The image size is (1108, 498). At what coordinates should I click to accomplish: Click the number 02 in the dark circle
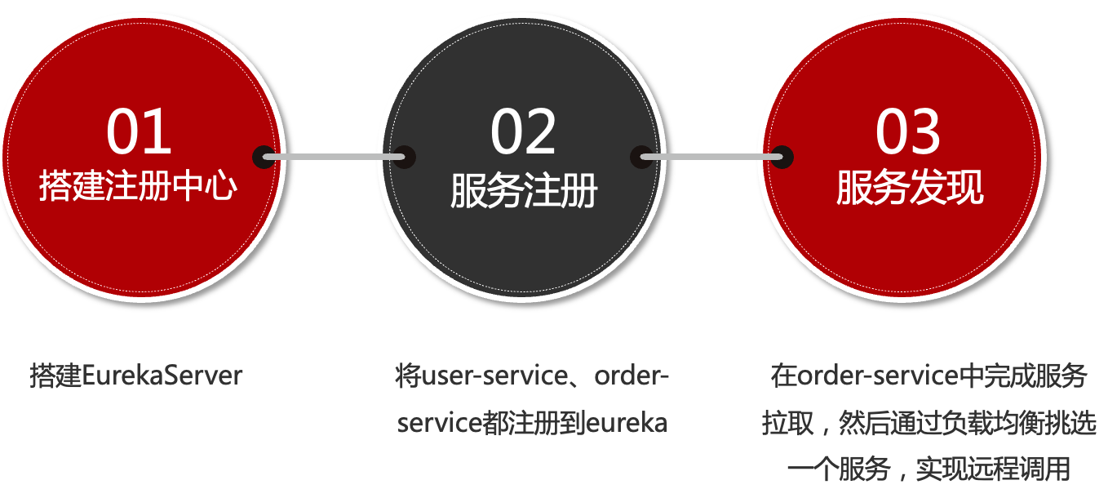[x=523, y=131]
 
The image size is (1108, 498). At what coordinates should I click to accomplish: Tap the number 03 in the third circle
[x=907, y=131]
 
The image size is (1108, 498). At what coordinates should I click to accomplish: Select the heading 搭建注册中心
[x=139, y=186]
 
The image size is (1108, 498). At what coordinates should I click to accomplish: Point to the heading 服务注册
[x=524, y=192]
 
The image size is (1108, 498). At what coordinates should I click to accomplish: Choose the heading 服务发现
[x=909, y=189]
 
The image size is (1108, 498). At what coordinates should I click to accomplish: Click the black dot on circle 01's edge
[x=264, y=157]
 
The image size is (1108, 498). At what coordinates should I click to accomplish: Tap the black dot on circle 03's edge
[x=782, y=157]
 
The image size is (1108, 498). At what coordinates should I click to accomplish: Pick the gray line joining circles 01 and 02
[x=335, y=157]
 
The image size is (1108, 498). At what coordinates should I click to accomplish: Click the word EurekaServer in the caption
[x=162, y=376]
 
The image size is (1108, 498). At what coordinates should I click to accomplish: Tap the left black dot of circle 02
[x=405, y=157]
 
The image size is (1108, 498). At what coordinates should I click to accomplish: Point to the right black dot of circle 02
[x=641, y=157]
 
